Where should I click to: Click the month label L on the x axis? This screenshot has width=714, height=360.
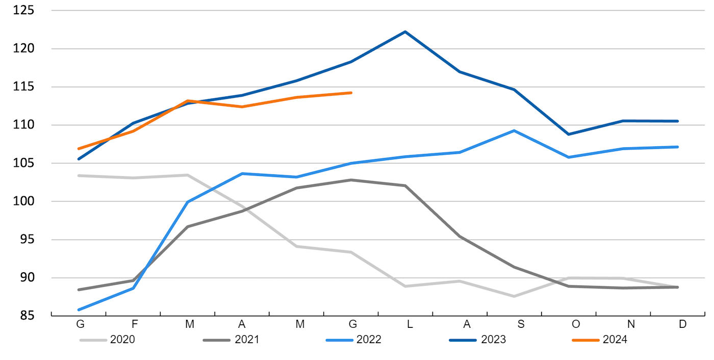[410, 324]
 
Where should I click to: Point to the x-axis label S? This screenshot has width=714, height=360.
[519, 324]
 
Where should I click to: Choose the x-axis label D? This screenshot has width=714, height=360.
[682, 324]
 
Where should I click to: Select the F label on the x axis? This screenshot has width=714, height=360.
[135, 324]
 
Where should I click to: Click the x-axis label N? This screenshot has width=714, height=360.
[631, 324]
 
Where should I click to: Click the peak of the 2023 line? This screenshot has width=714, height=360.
[405, 32]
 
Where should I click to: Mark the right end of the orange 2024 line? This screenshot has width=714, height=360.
[351, 93]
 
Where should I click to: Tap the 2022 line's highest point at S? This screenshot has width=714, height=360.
[515, 131]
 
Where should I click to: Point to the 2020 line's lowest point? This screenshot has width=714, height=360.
[515, 296]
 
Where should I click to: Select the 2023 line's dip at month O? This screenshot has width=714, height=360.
[569, 134]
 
